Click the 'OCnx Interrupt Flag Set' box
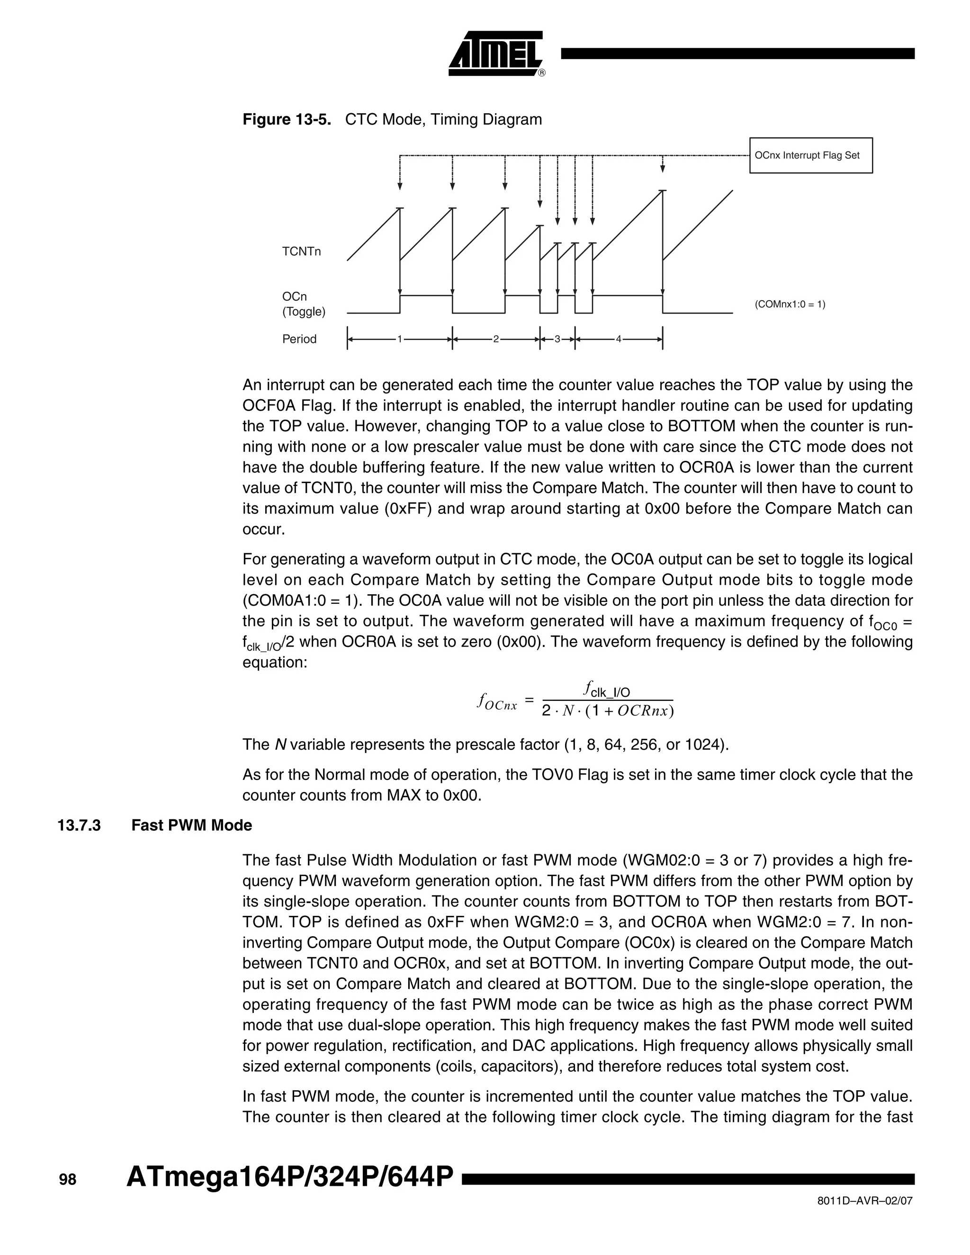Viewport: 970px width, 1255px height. [810, 155]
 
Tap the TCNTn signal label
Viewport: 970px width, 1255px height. [301, 251]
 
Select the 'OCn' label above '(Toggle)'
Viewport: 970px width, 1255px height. [294, 296]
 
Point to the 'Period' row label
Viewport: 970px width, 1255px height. [299, 339]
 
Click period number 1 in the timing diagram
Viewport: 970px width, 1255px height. [399, 339]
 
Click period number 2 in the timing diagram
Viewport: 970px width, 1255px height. [495, 339]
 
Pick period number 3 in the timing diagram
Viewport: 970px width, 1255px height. [557, 339]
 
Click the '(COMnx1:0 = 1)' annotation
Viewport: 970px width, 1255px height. [790, 305]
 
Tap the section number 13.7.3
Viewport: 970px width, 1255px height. [79, 826]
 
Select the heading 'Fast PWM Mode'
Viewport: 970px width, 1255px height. [191, 826]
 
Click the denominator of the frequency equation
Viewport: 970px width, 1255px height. [607, 711]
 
